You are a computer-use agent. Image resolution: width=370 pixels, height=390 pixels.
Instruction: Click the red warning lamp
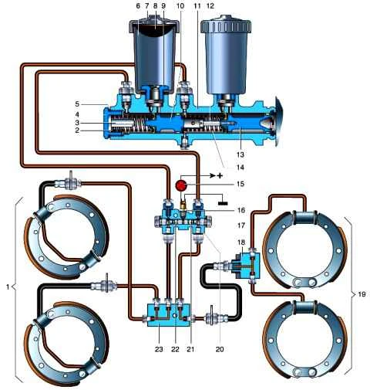182,185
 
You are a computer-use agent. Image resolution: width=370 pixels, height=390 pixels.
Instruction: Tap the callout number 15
240,185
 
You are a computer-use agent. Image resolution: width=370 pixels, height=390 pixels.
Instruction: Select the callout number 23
159,349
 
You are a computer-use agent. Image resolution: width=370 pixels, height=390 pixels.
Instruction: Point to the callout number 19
362,293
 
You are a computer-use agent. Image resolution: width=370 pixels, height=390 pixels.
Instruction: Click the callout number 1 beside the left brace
8,287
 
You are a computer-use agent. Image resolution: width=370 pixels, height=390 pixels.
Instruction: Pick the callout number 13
240,154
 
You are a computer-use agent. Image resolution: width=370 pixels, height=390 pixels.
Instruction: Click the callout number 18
241,242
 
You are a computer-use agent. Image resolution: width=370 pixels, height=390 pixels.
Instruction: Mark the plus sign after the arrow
220,176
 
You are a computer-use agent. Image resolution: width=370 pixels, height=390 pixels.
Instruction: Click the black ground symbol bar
223,203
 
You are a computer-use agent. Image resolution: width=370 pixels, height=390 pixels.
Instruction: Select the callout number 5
77,104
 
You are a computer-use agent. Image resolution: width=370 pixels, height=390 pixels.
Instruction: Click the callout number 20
220,349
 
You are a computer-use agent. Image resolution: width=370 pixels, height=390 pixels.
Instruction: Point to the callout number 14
240,168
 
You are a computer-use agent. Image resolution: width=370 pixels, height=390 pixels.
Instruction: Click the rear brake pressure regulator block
246,266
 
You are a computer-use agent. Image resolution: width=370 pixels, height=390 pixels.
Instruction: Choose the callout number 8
155,5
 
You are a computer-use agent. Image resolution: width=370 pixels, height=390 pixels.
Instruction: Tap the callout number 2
77,131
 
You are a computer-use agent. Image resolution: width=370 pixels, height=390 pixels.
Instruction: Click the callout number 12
210,5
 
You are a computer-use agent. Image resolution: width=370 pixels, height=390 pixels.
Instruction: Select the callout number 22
175,349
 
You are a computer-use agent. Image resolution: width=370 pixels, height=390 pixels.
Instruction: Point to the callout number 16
241,210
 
